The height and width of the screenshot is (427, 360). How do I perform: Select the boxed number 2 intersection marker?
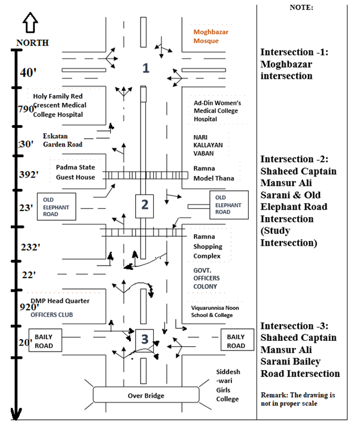pyautogui.click(x=144, y=206)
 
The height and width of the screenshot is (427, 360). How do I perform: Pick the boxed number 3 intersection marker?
pyautogui.click(x=144, y=339)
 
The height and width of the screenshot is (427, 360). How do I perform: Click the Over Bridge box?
pyautogui.click(x=146, y=395)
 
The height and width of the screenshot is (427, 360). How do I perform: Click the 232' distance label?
pyautogui.click(x=29, y=247)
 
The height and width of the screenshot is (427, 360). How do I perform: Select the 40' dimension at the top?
pyautogui.click(x=28, y=72)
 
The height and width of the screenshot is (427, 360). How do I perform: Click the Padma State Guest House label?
pyautogui.click(x=76, y=172)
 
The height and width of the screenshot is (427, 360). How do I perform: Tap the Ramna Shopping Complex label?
pyautogui.click(x=208, y=246)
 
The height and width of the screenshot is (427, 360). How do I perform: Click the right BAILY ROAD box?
pyautogui.click(x=236, y=341)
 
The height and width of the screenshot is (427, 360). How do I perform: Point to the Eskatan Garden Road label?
pyautogui.click(x=62, y=140)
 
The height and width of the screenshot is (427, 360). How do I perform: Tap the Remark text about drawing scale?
pyautogui.click(x=301, y=400)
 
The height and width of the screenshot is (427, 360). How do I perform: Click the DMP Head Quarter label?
pyautogui.click(x=60, y=300)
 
